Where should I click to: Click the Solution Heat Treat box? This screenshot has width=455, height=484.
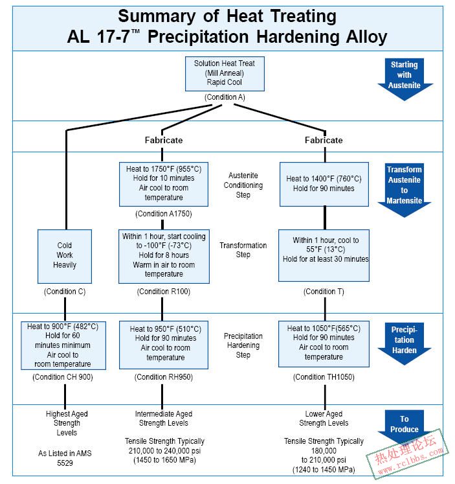pos(225,74)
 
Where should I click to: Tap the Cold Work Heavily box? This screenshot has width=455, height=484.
pos(65,256)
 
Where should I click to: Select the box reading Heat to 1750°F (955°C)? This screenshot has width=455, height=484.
pos(164,184)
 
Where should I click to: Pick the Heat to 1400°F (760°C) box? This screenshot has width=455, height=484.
pos(324,184)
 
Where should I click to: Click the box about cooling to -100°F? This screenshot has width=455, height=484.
pos(164,256)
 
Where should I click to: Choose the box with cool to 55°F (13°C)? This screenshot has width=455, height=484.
pos(324,255)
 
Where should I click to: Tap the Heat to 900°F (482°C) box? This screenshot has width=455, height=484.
pos(63,345)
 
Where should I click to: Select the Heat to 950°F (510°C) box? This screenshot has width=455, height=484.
pos(164,345)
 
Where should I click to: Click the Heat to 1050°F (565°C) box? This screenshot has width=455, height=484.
pos(324,344)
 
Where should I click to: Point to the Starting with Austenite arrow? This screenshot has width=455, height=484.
pos(405,78)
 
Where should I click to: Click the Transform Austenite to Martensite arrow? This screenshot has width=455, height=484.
pos(405,190)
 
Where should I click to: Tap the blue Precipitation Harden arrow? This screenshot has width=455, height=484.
pos(405,343)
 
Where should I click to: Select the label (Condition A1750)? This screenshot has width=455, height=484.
pos(164,214)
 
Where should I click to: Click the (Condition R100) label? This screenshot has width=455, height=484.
pos(164,292)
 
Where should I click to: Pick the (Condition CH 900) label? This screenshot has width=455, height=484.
pos(63,377)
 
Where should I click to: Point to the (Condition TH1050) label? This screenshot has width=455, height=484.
pos(324,377)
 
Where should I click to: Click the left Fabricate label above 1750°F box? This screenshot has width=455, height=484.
pos(164,140)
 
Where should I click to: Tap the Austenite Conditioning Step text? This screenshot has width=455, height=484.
pos(243,185)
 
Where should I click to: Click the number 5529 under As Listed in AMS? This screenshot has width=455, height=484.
pos(65,463)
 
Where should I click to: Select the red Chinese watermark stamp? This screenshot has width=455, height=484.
pos(408,453)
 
